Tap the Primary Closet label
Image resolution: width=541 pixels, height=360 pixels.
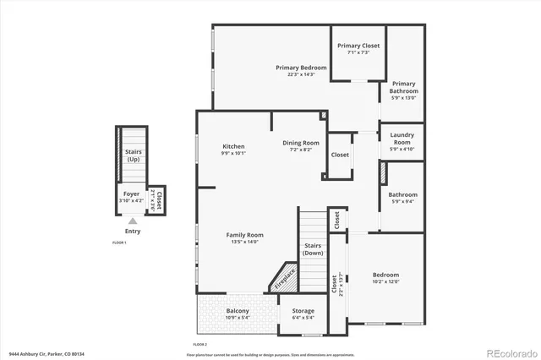357,46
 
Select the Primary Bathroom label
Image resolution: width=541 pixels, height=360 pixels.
403,87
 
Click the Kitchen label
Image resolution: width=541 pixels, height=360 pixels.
233,145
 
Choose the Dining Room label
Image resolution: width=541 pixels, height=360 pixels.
300,143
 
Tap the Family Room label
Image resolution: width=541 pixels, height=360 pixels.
244,234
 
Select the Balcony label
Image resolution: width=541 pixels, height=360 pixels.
238,312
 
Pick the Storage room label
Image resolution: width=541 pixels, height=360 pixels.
303,312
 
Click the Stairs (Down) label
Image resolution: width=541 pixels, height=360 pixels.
313,249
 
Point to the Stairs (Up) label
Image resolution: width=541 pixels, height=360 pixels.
134,155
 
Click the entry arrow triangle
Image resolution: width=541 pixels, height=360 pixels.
132,221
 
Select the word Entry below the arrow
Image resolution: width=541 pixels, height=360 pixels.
133,232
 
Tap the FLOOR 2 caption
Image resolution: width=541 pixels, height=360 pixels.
199,344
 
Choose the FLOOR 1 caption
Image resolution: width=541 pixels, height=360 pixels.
119,243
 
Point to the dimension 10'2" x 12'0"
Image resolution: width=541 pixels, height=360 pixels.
385,281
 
